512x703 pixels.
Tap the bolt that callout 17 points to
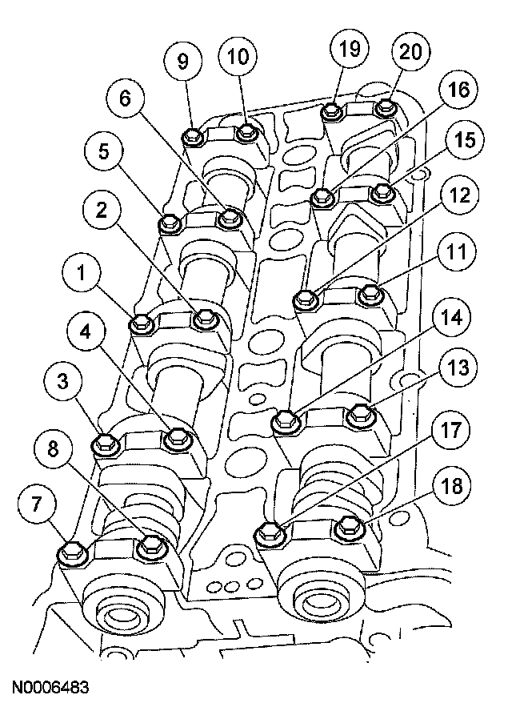pos(269,530)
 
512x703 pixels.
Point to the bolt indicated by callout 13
pos(362,414)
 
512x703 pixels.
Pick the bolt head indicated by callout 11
pos(370,293)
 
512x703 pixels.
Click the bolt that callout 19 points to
pos(332,111)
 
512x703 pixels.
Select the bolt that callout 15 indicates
pos(384,192)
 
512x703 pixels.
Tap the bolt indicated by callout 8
pos(150,547)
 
